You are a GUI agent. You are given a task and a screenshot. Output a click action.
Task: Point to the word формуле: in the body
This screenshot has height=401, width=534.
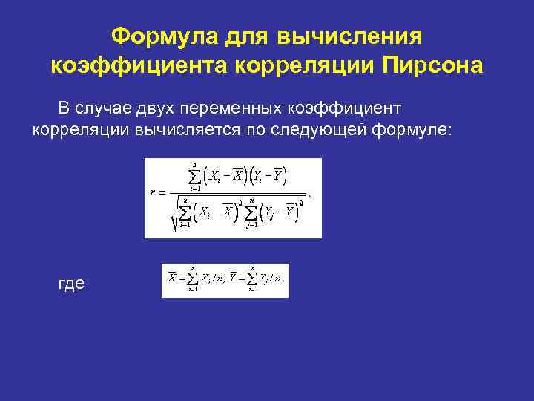click(416, 131)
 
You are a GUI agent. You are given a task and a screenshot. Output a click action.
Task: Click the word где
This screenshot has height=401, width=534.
click(70, 284)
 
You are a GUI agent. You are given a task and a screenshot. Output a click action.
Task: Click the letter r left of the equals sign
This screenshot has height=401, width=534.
click(152, 192)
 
